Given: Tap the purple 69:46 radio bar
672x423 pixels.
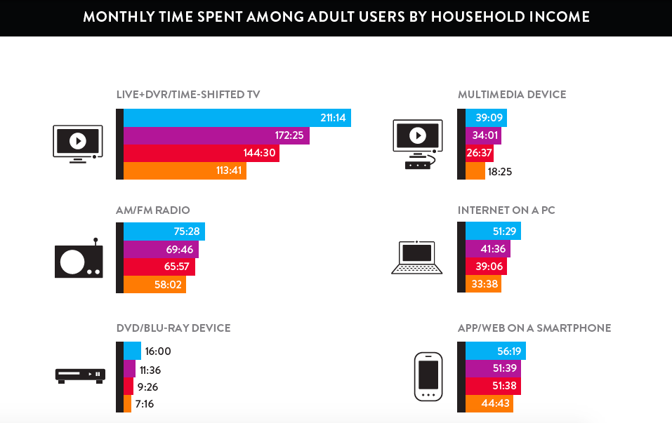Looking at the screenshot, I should (161, 249).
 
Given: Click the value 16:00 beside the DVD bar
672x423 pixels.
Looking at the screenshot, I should (158, 351).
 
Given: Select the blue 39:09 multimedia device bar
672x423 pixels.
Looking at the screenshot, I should (486, 118).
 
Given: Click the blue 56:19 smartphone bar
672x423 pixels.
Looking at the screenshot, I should (495, 351).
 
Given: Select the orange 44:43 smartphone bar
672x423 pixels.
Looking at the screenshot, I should (489, 404).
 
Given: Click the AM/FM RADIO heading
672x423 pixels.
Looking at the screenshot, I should (153, 210).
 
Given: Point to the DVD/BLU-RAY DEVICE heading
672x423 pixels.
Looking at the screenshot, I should (173, 328).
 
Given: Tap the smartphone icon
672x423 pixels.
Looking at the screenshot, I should (428, 377).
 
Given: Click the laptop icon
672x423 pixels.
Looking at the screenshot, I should (417, 257).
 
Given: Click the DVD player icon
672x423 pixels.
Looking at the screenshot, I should (80, 375).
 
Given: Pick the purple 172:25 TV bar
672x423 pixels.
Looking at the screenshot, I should (216, 135).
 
